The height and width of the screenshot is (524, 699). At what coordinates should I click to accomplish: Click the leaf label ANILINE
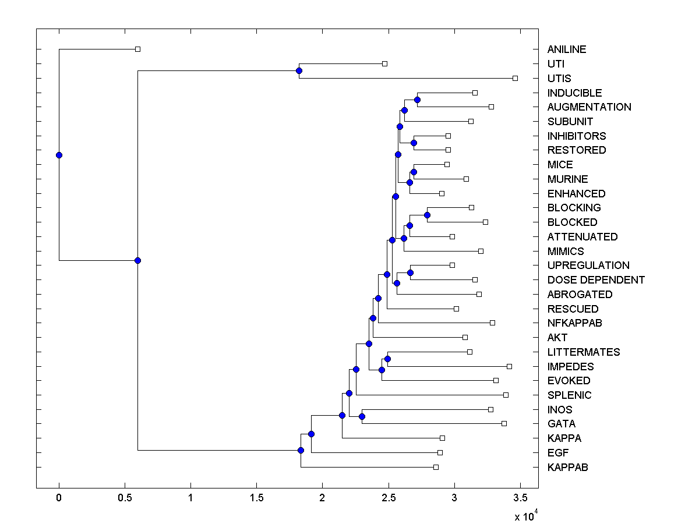[567, 49]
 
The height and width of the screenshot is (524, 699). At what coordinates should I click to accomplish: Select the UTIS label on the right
[559, 79]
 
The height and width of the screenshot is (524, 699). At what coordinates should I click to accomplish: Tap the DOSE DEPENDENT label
[596, 280]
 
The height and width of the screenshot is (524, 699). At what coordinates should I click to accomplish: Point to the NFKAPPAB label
[574, 323]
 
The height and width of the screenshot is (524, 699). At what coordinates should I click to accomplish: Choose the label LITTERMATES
[584, 352]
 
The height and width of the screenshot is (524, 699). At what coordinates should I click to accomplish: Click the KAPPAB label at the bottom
[567, 468]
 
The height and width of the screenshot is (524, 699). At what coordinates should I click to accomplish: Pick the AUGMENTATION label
[589, 107]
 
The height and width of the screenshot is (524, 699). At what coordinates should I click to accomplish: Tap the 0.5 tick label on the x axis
[125, 498]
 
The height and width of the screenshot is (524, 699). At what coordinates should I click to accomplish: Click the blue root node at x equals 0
[59, 155]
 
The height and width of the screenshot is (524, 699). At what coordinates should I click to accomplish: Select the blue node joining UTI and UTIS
[299, 71]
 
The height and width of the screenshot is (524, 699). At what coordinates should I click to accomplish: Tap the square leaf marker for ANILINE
[137, 49]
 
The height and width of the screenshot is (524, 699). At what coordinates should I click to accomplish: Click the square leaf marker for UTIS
[515, 78]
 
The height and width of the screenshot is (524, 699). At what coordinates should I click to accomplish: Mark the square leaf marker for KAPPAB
[436, 467]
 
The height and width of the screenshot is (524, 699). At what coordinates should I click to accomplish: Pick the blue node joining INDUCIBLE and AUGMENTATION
[417, 100]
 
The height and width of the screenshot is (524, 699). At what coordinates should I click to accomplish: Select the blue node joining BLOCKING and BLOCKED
[427, 215]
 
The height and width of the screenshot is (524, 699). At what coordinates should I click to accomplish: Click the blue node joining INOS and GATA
[362, 416]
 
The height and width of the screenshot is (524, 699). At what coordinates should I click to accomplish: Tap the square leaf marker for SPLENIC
[506, 395]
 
